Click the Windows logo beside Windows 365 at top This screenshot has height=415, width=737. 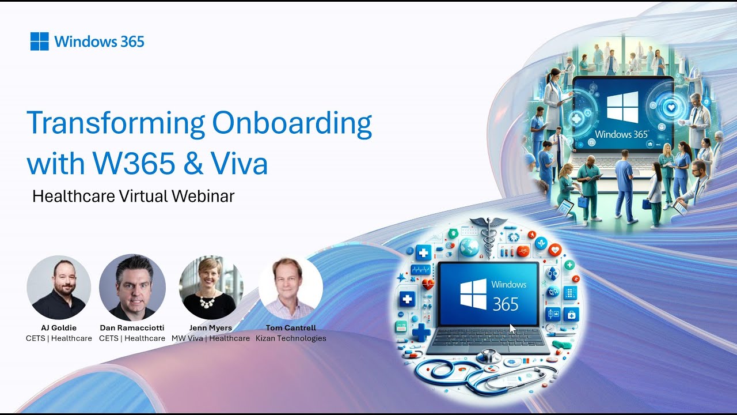click(39, 41)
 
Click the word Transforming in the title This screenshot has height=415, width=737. click(116, 124)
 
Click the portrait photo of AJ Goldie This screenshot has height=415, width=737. click(59, 287)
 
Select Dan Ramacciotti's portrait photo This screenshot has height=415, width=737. click(132, 287)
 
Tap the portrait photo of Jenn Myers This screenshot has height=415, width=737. click(211, 287)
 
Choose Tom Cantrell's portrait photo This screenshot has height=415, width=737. click(290, 287)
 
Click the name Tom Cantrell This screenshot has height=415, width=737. click(291, 328)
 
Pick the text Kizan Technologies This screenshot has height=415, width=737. click(291, 338)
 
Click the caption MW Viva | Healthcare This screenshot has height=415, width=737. click(211, 338)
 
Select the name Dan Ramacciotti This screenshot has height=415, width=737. click(132, 328)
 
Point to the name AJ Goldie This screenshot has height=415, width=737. click(59, 328)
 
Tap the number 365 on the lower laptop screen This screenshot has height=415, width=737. click(506, 304)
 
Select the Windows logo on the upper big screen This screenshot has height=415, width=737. click(622, 107)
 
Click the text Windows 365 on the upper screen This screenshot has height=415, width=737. click(622, 134)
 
